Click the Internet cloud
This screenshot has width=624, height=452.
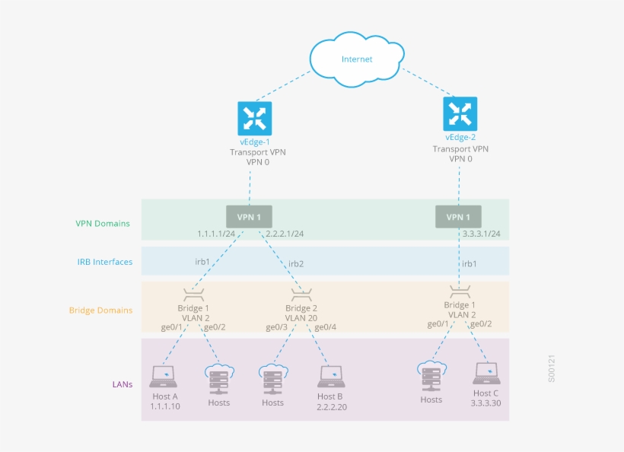click(356, 58)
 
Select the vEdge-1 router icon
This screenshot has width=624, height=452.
click(250, 118)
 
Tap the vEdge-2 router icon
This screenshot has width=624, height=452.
click(460, 113)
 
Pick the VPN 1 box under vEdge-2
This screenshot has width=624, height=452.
click(458, 216)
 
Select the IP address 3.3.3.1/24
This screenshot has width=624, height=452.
click(481, 234)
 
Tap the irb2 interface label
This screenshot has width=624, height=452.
click(296, 264)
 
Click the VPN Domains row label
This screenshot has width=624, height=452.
click(103, 224)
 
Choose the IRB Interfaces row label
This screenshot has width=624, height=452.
click(105, 262)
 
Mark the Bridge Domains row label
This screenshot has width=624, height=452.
click(100, 310)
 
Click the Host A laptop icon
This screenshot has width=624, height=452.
click(163, 374)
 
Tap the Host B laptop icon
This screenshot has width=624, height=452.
click(331, 375)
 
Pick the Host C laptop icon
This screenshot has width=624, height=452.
click(487, 372)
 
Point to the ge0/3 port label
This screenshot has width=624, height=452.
click(276, 327)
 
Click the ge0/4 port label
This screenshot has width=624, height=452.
click(325, 327)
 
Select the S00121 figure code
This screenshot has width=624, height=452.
click(552, 368)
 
